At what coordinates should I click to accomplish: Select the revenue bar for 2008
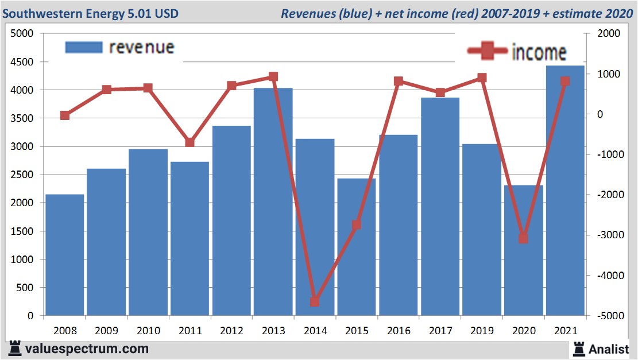65,255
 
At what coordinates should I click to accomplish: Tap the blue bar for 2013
273,202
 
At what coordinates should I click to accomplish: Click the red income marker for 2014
315,301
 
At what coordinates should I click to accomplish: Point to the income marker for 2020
523,238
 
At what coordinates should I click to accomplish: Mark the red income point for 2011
190,142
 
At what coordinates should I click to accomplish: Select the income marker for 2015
357,224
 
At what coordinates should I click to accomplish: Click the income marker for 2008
65,115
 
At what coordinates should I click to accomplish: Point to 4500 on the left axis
23,62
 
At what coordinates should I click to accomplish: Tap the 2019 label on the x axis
482,331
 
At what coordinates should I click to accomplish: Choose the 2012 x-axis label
231,331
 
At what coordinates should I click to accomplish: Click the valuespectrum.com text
87,349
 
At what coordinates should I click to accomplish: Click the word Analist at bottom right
609,349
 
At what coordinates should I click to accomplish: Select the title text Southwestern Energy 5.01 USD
91,13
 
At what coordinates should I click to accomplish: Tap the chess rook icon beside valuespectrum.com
14,349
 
